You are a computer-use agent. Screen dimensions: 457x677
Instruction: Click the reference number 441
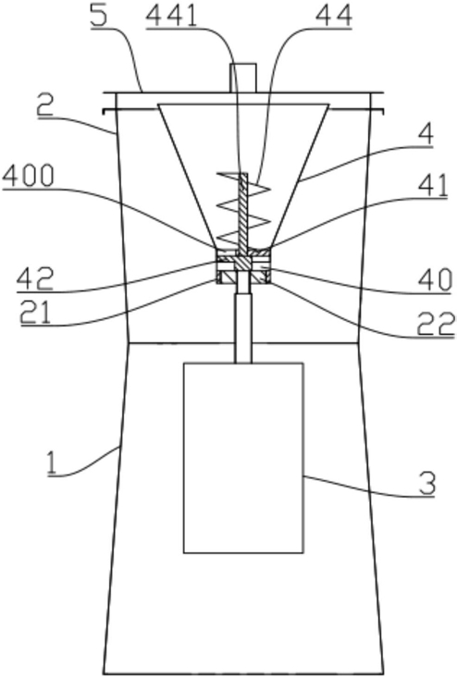(171, 17)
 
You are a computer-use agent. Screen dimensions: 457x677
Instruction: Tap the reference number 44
(334, 17)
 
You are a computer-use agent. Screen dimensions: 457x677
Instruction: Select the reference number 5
(98, 17)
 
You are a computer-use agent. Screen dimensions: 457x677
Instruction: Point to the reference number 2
(44, 105)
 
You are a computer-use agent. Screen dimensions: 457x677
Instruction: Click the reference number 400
(28, 177)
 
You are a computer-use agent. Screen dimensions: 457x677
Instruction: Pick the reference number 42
(34, 279)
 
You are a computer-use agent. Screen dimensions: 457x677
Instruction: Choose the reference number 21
(35, 312)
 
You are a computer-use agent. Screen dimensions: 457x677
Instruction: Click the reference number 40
(435, 280)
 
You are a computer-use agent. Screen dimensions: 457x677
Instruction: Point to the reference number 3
(426, 484)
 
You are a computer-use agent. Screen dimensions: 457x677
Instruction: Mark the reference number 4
(426, 135)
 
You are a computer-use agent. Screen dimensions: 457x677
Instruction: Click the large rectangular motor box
(243, 458)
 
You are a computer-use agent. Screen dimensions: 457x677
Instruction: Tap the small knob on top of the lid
(242, 78)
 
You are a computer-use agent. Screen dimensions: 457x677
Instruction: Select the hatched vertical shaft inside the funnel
(243, 212)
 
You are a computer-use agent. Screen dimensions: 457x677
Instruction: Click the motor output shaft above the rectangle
(242, 328)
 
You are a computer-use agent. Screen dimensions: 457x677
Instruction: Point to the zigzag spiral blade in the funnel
(244, 207)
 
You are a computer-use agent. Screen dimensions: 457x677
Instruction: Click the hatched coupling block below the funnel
(243, 265)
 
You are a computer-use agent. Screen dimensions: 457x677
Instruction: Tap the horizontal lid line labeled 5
(243, 92)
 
